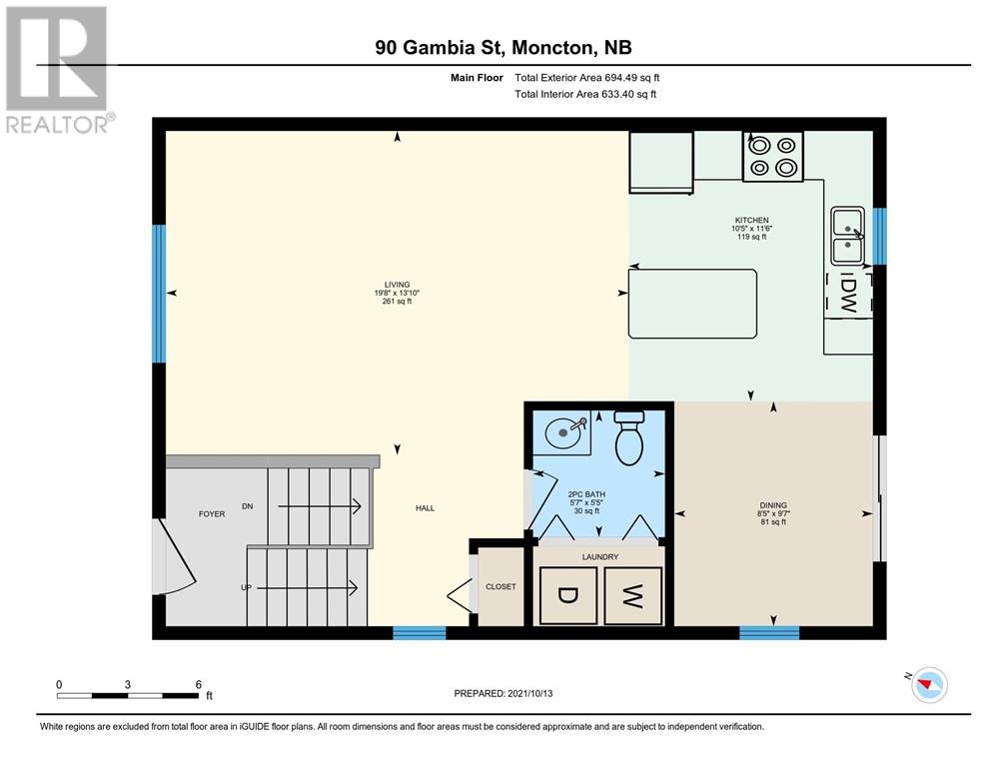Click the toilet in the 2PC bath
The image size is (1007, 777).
(629, 438)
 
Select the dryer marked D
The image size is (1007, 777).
(568, 595)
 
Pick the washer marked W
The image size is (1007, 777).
(633, 595)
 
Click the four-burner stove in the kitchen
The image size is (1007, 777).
(773, 156)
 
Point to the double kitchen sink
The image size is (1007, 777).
(848, 236)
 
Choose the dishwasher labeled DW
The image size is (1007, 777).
(848, 295)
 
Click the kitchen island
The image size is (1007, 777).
(692, 303)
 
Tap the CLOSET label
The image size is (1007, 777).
(501, 586)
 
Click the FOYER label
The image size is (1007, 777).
(212, 513)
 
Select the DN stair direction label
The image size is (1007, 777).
(248, 506)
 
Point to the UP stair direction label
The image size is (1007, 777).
(246, 587)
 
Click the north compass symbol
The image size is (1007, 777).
(928, 684)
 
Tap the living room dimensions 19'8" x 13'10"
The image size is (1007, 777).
(397, 293)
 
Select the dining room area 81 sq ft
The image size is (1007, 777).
(773, 522)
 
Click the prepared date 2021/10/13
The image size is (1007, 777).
(529, 693)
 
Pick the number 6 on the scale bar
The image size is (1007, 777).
(199, 684)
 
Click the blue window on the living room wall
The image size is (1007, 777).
(159, 294)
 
